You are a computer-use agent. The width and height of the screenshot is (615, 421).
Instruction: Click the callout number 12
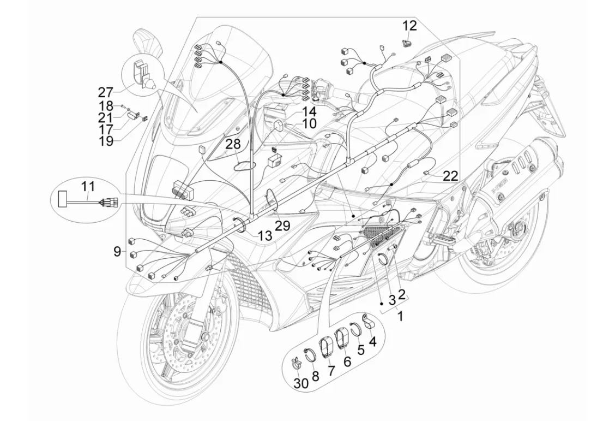[409, 26]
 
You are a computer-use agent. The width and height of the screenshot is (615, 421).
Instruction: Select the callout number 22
[450, 175]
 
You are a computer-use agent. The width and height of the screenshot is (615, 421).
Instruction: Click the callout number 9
[117, 252]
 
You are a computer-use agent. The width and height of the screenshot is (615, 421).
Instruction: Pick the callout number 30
[301, 383]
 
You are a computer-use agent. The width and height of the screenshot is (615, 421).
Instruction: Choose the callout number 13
[264, 236]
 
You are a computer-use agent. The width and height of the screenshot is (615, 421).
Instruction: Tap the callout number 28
[233, 145]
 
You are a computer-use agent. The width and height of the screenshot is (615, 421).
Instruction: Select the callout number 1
[401, 315]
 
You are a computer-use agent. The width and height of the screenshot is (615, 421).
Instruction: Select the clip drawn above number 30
[296, 363]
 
